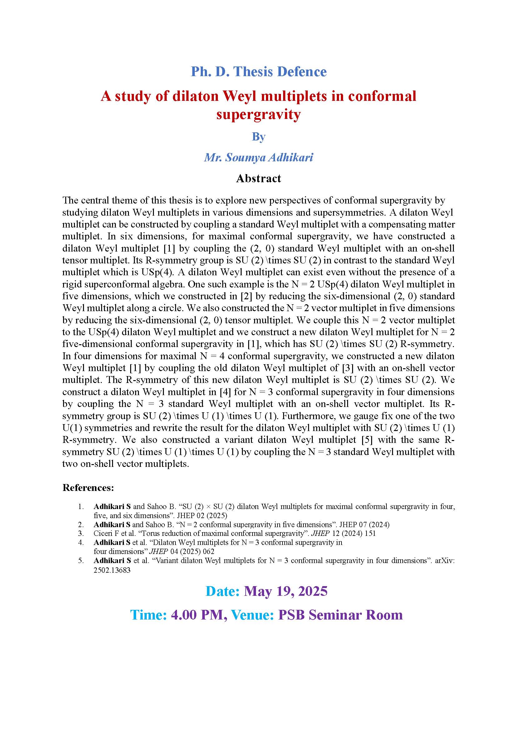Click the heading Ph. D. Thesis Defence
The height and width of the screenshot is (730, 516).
258,71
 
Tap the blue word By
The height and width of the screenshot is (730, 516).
258,136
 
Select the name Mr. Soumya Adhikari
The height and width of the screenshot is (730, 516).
258,157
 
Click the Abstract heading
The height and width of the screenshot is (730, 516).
258,179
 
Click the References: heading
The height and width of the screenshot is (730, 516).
88,488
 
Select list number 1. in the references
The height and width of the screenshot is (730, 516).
81,507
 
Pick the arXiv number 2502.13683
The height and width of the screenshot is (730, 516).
112,570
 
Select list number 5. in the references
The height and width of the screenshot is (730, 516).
81,561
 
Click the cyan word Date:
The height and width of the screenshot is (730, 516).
223,591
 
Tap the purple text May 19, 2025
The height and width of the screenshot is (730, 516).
286,591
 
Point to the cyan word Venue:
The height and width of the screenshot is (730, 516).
253,615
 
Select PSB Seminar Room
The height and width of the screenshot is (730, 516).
340,615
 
